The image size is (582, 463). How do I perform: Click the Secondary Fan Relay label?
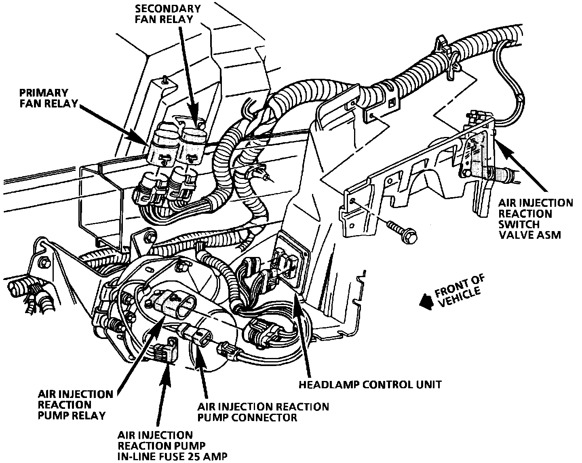(x=168, y=13)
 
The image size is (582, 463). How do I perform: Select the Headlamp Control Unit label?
(x=369, y=384)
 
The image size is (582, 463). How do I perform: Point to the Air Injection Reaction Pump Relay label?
(x=75, y=404)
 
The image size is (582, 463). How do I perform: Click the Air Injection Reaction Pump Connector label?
(x=263, y=412)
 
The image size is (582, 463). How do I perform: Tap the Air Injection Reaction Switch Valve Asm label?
(x=535, y=219)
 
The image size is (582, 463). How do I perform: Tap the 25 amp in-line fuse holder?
(x=166, y=352)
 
